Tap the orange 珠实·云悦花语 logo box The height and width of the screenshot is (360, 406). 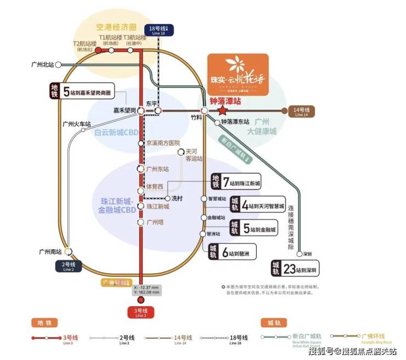click(x=238, y=74)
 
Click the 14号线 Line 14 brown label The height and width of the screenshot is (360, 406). click(x=302, y=111)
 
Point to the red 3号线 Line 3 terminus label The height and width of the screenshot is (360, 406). click(x=141, y=312)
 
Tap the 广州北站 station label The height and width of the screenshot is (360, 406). click(x=43, y=65)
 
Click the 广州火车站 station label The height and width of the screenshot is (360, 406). click(x=76, y=124)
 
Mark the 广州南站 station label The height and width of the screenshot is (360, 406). click(x=49, y=251)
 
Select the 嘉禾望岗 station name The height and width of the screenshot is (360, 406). click(x=124, y=110)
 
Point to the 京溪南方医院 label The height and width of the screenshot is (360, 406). click(x=162, y=143)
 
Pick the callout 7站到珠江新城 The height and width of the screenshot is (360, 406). click(x=236, y=182)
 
